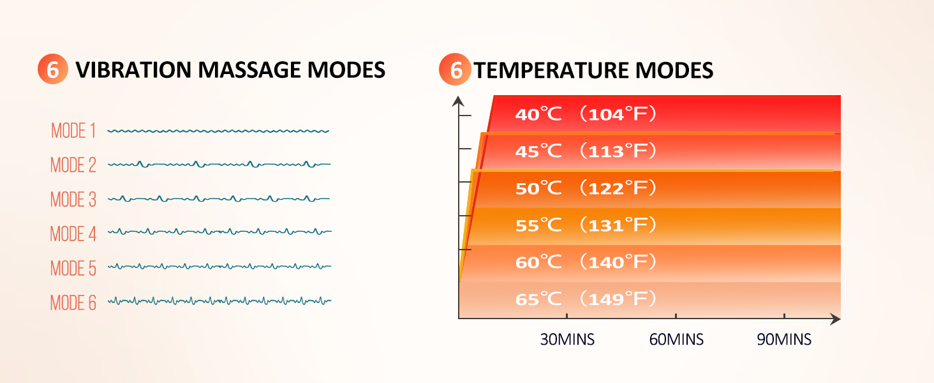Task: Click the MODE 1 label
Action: click(73, 131)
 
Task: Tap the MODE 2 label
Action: click(73, 165)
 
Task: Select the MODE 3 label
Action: click(73, 200)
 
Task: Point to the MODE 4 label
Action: click(73, 234)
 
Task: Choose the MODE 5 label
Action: click(73, 269)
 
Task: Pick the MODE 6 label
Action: click(73, 303)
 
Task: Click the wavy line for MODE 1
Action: click(218, 131)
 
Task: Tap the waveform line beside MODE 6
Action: click(219, 301)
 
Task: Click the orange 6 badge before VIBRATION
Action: click(52, 70)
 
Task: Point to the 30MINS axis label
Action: click(567, 340)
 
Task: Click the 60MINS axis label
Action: click(676, 340)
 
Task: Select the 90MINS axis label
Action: click(784, 340)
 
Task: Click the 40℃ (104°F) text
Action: click(586, 115)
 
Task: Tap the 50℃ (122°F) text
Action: click(586, 189)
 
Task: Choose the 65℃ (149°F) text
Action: click(586, 299)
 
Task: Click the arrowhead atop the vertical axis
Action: click(458, 100)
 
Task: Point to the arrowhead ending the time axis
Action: click(835, 318)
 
